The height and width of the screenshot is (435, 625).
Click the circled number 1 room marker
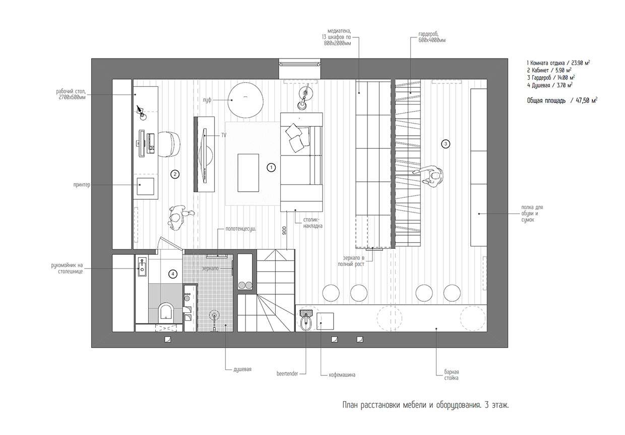[271, 167]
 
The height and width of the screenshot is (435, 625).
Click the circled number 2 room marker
[175, 174]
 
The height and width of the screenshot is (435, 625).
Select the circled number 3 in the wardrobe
[445, 144]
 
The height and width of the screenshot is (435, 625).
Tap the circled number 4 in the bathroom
[173, 274]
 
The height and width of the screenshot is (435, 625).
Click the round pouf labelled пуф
[245, 99]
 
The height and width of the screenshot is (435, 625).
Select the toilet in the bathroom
[165, 312]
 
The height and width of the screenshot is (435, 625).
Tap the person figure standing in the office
[176, 217]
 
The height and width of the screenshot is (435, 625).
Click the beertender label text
[287, 374]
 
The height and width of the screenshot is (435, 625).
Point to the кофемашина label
[342, 375]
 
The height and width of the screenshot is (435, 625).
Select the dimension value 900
[285, 231]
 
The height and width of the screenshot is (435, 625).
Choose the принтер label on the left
[81, 185]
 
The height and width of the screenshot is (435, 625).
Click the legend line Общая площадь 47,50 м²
[561, 101]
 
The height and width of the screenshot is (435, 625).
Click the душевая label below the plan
[239, 369]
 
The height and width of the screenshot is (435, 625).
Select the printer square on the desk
[145, 185]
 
